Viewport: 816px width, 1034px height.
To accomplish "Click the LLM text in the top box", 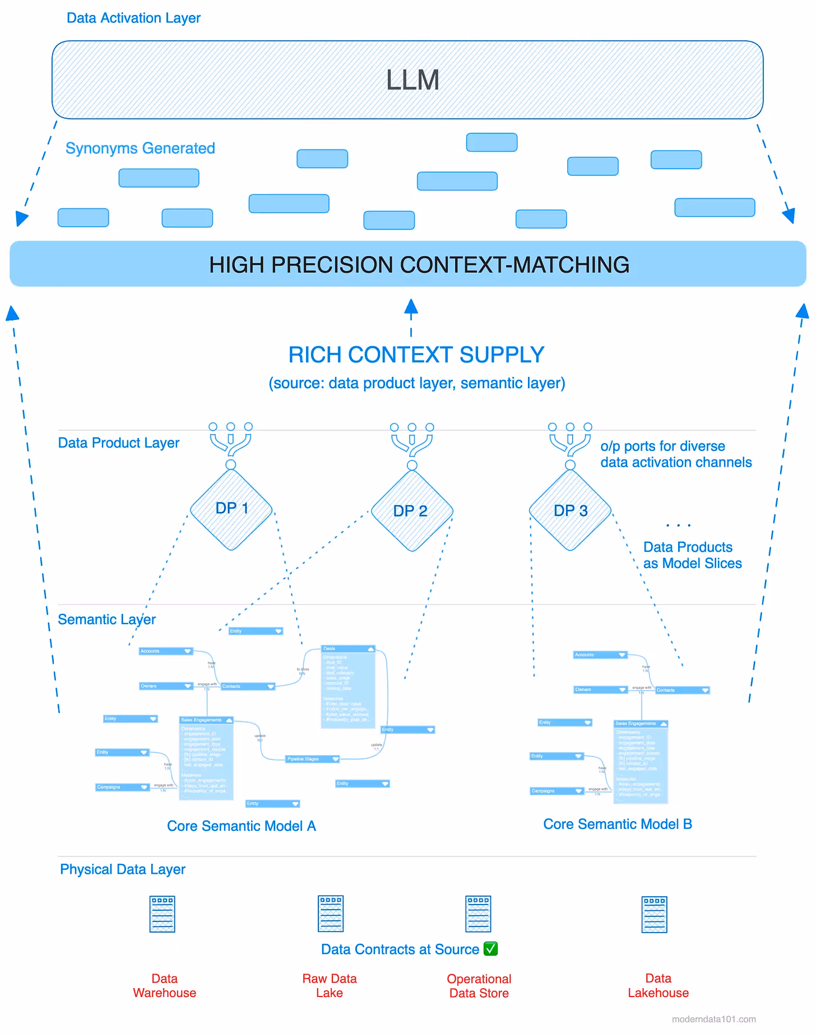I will (x=412, y=80).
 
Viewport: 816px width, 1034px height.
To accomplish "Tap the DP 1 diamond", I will (x=231, y=509).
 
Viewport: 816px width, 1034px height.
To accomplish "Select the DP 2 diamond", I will (x=411, y=511).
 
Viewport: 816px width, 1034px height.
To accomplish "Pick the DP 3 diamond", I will (x=571, y=510).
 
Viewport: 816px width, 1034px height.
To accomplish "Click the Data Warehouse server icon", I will (x=163, y=914).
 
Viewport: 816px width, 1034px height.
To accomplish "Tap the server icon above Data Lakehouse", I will (x=655, y=914).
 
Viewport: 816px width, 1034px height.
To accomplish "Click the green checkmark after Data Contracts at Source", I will (x=490, y=949).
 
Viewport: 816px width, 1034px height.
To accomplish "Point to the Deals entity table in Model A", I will (x=348, y=687).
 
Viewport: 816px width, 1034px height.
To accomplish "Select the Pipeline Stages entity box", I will (x=313, y=759).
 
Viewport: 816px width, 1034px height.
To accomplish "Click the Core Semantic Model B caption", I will (x=618, y=824).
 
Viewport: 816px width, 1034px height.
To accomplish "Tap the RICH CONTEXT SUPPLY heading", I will (x=416, y=355).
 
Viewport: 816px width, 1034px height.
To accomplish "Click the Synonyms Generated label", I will (x=140, y=148).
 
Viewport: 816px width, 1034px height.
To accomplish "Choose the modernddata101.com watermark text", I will (x=713, y=1019).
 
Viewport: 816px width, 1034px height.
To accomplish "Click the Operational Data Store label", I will (x=479, y=986).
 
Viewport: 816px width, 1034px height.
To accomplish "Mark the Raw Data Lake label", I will (x=330, y=985).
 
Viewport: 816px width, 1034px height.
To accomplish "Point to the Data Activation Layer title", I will (x=133, y=18).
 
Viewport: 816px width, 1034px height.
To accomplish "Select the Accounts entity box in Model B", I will (x=600, y=654).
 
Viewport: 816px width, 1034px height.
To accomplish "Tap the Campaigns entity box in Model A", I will (x=122, y=787).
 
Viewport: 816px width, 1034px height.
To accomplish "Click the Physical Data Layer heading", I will (x=123, y=869).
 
